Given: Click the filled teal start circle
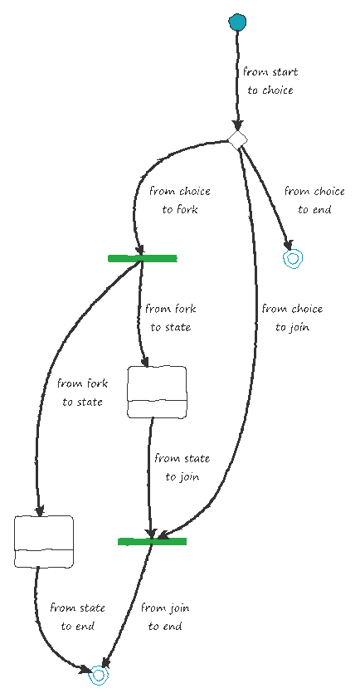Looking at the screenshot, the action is click(237, 22).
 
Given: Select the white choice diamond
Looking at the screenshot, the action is click(237, 139).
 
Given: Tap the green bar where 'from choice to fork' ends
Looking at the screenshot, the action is click(142, 259).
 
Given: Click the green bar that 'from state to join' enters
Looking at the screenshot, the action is click(152, 541).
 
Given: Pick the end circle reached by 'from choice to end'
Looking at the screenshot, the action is click(293, 259).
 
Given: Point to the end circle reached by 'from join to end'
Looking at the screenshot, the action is click(99, 675).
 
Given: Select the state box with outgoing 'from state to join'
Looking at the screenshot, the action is click(157, 392).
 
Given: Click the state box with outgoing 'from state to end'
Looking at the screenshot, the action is click(44, 541).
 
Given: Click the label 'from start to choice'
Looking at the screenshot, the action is click(270, 81).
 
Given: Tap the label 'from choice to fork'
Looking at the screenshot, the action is click(180, 200).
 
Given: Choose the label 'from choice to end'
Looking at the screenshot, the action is click(314, 200).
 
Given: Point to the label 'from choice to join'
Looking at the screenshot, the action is click(292, 318).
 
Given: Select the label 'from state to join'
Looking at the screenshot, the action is click(182, 467).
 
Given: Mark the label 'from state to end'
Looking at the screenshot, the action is click(77, 617).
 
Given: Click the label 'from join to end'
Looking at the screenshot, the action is click(165, 617).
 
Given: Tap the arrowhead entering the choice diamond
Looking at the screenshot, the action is click(237, 125).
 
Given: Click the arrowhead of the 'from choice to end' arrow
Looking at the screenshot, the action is click(289, 246).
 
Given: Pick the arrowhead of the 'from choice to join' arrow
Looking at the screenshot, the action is click(163, 535).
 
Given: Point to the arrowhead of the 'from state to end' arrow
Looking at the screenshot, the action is click(85, 670).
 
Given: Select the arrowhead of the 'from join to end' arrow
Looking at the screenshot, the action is click(105, 662).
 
